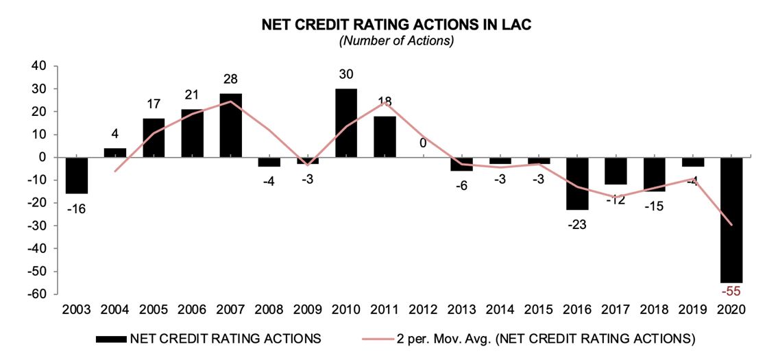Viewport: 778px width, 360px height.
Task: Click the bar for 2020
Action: [x=732, y=220]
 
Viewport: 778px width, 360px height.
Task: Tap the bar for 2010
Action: [x=345, y=123]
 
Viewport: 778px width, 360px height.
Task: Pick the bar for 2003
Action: [x=76, y=176]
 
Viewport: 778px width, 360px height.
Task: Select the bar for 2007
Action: [x=230, y=125]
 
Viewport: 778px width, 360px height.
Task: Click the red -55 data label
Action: [x=732, y=291]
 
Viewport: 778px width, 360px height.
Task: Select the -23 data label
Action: [x=577, y=224]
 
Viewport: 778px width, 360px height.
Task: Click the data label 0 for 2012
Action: [x=423, y=143]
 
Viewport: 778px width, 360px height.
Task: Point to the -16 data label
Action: [x=76, y=208]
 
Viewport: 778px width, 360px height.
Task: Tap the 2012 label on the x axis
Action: [x=423, y=310]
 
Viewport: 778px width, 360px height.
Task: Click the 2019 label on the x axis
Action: [x=694, y=310]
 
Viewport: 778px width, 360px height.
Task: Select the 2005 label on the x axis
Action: [x=154, y=310]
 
